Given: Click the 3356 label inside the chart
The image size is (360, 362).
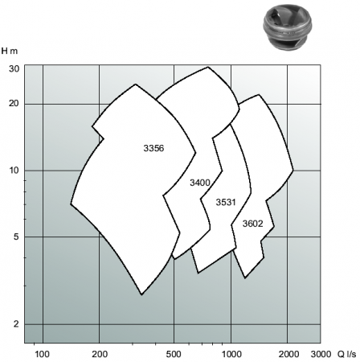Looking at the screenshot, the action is (153, 148).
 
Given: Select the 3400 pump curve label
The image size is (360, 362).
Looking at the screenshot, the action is (200, 183).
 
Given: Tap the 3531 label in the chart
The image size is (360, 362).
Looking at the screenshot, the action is (226, 202).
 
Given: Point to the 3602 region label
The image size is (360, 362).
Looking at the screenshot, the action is (252, 224).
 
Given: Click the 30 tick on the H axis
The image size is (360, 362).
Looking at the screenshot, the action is (14, 69).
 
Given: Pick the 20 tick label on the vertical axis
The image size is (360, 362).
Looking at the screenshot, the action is (14, 103).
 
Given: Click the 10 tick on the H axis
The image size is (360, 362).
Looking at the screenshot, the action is (14, 170).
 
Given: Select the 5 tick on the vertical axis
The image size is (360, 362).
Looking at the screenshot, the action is (17, 237).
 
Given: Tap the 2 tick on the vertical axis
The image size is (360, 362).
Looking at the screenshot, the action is (17, 324).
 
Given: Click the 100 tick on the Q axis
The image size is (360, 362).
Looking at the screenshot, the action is (42, 354).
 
